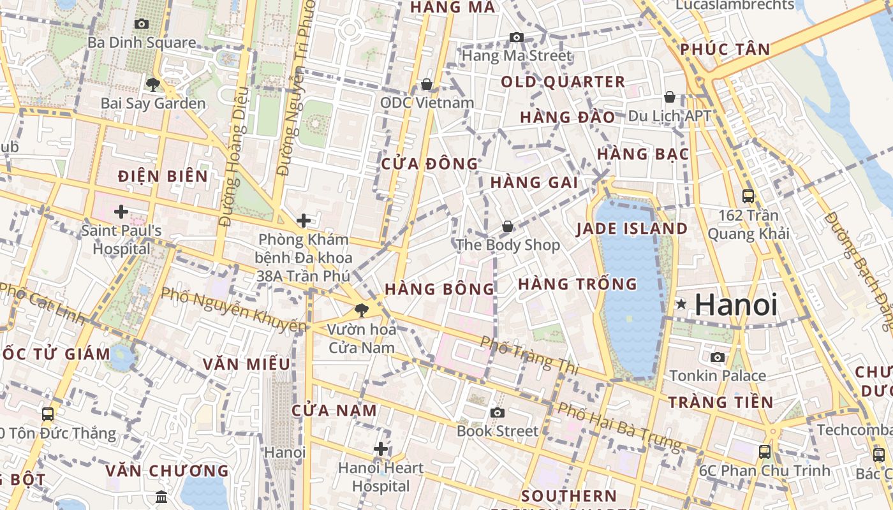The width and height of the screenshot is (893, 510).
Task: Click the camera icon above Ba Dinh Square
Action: [142, 24]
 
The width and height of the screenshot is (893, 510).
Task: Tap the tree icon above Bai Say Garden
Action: [152, 84]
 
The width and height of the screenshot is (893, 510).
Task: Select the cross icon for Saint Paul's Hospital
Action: [121, 211]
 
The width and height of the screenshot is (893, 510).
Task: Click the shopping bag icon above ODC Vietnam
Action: [427, 84]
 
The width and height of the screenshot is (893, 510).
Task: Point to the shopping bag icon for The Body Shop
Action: [508, 226]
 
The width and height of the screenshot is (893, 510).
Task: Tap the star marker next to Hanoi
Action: [681, 304]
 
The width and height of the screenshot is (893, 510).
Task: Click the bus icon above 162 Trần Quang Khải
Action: [748, 196]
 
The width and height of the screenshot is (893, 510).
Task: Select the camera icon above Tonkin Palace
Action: [718, 357]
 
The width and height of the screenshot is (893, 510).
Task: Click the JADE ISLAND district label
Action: [631, 229]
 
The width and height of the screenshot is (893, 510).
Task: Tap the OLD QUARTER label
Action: [563, 82]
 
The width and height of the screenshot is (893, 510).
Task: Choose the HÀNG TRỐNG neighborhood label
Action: [577, 284]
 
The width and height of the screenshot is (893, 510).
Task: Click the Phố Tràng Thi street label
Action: [529, 355]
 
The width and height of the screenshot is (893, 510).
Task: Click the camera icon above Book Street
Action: [498, 412]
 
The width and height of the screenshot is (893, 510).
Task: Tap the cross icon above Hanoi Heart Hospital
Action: [381, 449]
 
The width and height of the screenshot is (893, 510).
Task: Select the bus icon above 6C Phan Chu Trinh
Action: [765, 452]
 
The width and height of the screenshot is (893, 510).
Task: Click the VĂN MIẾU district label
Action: [246, 364]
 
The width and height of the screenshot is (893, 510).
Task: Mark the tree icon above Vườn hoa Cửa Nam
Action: [362, 310]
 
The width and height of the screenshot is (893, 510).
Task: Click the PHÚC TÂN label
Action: [725, 49]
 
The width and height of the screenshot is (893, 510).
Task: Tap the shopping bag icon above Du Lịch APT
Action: [670, 97]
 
